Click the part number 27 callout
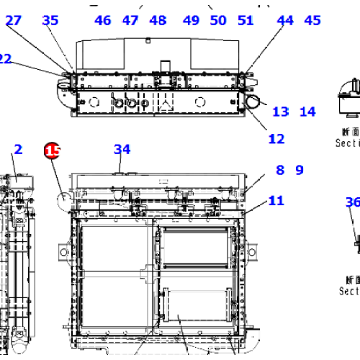point(14,20)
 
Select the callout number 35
point(50,20)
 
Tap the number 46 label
point(103,20)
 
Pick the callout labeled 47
point(130,20)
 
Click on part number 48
point(157,20)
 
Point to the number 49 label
point(191,20)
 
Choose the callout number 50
point(218,20)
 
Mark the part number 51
point(246,20)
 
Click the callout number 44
point(285,20)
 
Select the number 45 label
point(312,20)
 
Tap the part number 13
point(280,112)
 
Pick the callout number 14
point(307,112)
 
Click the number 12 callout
point(276,139)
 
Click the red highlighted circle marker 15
point(53,150)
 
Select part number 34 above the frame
point(122,150)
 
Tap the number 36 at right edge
point(352,202)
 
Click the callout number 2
point(18,150)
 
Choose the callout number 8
point(279,171)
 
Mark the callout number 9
point(300,171)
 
